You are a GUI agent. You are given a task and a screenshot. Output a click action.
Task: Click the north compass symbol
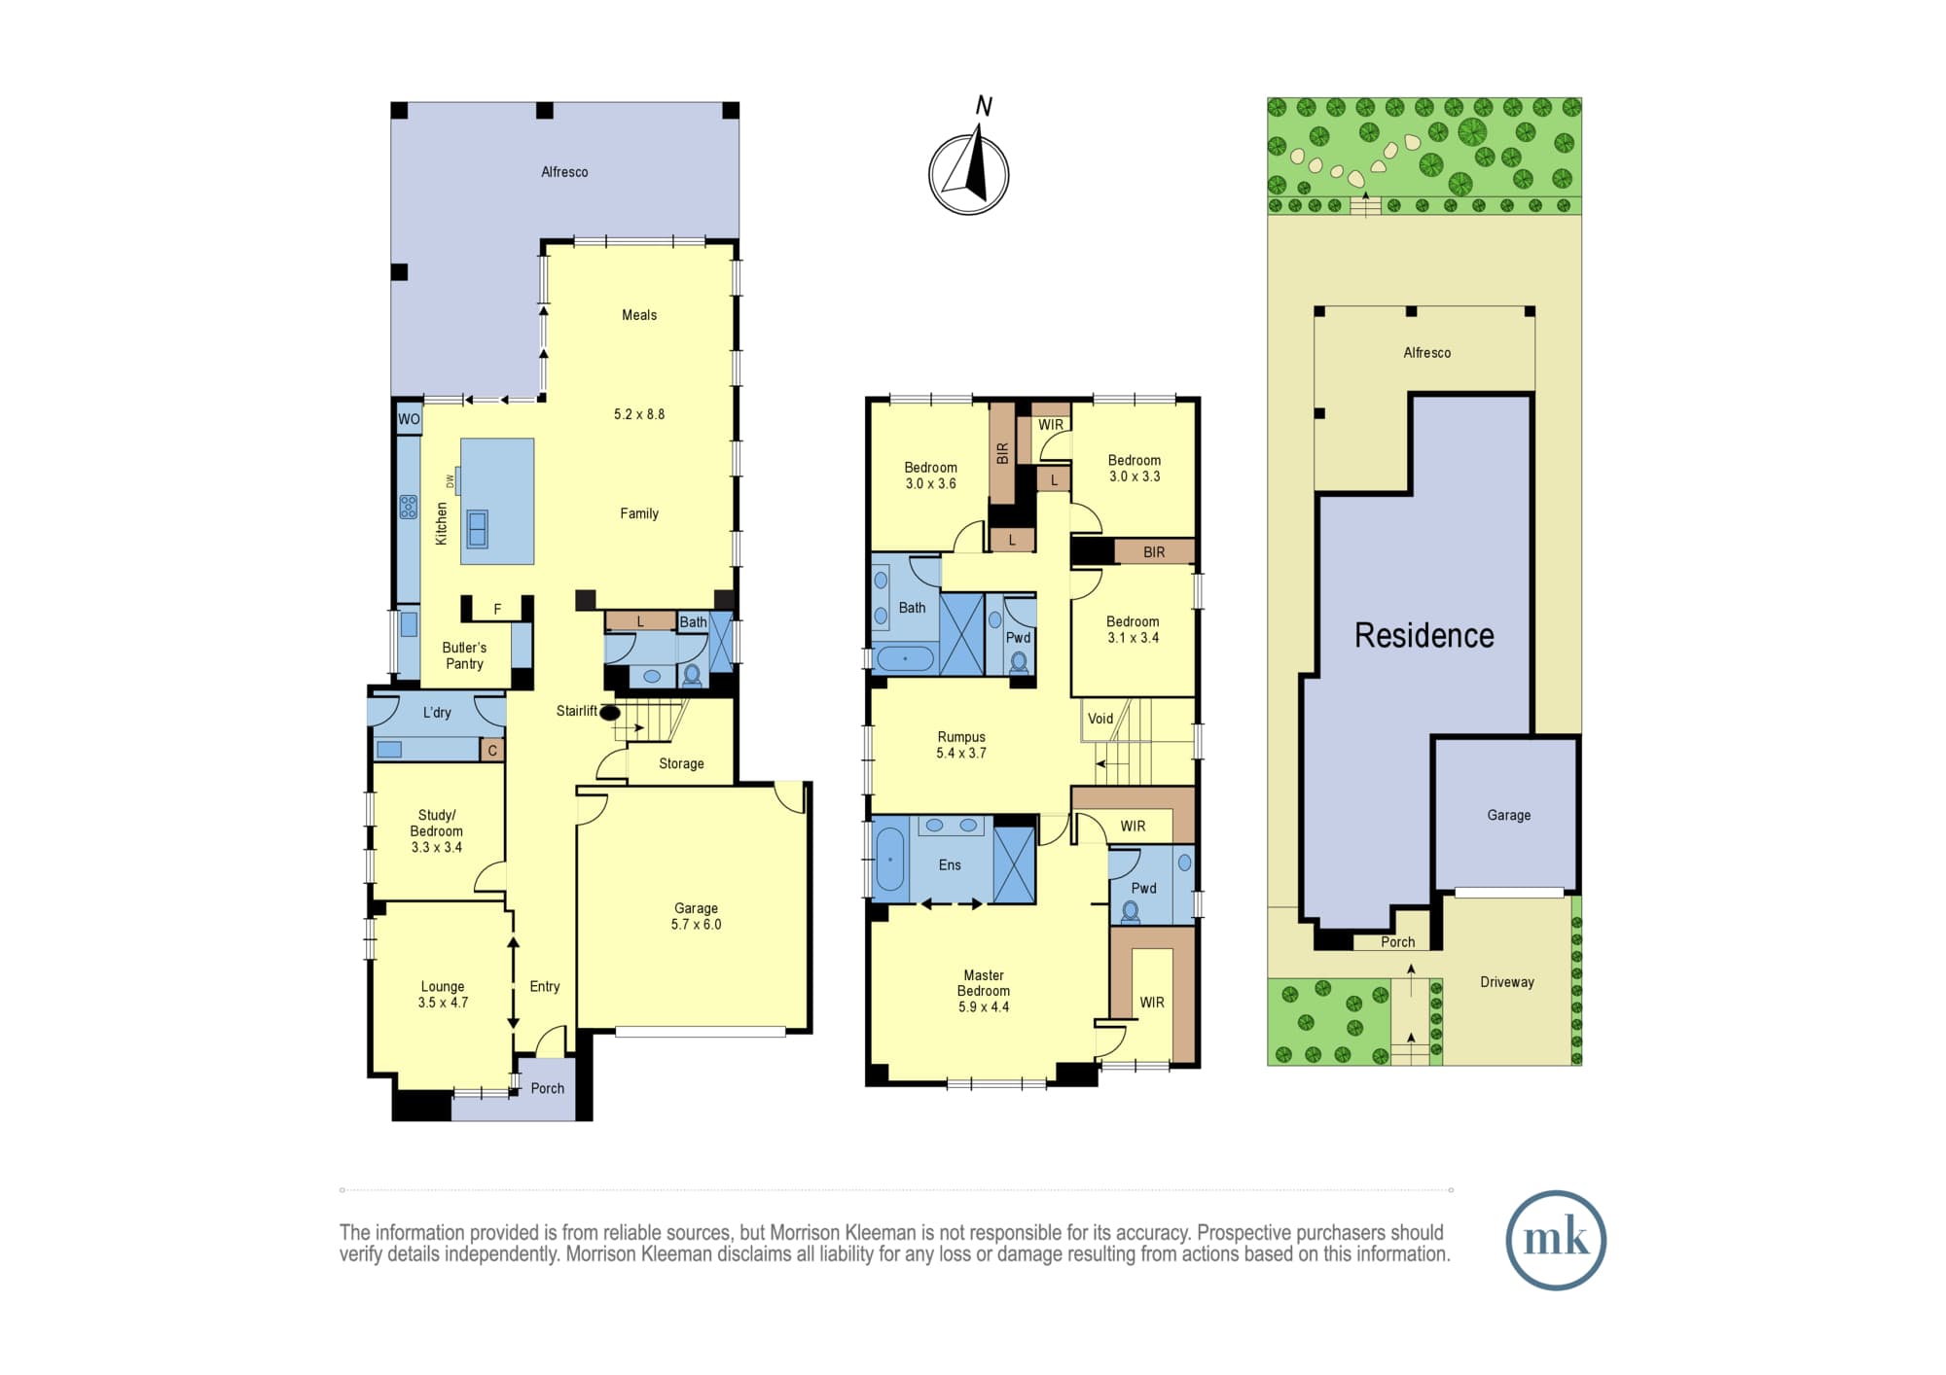click(x=969, y=174)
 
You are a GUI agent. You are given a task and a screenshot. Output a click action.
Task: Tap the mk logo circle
click(x=1556, y=1240)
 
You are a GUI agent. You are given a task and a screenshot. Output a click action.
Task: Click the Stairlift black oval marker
click(x=610, y=713)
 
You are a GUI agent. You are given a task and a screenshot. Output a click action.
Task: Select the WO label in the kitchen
click(x=409, y=419)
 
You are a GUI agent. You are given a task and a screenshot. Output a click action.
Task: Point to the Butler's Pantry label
click(x=464, y=655)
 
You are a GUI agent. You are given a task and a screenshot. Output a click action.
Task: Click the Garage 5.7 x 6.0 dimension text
click(x=696, y=925)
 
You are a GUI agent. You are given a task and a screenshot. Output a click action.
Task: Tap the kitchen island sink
click(x=477, y=528)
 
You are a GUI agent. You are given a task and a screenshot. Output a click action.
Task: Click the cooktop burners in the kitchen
click(x=409, y=507)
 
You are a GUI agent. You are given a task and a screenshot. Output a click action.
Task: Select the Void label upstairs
click(x=1100, y=719)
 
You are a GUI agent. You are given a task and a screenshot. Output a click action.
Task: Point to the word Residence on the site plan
click(x=1424, y=636)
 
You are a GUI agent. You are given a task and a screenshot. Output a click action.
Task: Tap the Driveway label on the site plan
click(x=1507, y=982)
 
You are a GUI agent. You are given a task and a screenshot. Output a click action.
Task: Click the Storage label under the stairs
click(x=681, y=763)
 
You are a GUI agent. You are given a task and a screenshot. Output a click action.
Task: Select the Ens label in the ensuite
click(x=950, y=864)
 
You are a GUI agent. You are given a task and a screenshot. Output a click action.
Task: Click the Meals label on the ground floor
click(x=639, y=315)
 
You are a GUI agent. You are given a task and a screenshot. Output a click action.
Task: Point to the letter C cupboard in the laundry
click(x=492, y=751)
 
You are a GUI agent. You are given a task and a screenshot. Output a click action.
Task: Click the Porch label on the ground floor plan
click(x=548, y=1088)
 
